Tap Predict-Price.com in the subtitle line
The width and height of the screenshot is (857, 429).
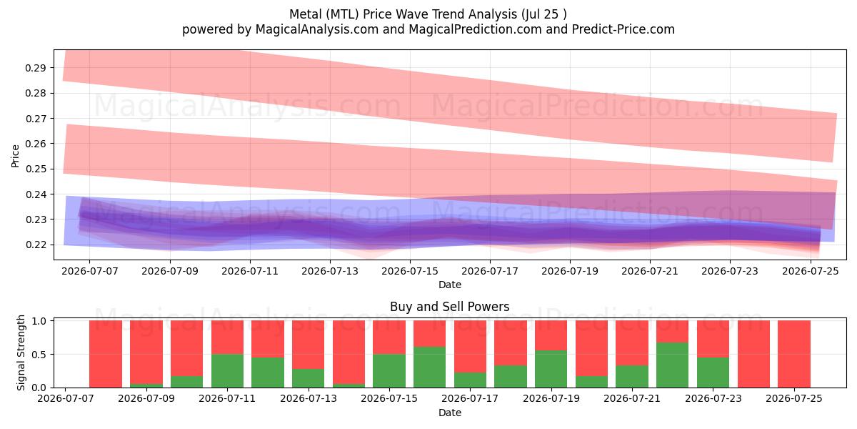(623, 29)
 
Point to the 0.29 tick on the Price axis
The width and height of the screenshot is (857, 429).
(35, 68)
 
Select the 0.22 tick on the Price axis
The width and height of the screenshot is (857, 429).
(35, 245)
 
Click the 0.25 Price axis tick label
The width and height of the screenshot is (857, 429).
(35, 169)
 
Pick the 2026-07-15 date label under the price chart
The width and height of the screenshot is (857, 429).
(410, 271)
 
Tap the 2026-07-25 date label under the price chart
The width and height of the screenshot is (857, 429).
(811, 271)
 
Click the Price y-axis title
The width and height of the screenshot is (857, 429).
(15, 156)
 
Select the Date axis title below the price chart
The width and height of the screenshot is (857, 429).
(450, 285)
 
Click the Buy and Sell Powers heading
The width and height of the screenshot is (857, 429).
(450, 307)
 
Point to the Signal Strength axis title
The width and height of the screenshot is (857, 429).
(21, 352)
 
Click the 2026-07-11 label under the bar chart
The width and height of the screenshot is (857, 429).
(227, 399)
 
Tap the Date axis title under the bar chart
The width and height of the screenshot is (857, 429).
(450, 413)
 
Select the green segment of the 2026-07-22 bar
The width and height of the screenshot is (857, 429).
(673, 365)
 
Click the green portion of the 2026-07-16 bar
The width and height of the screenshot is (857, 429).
(430, 368)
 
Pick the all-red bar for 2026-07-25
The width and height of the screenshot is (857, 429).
(794, 354)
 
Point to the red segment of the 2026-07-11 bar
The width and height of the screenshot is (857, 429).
(227, 337)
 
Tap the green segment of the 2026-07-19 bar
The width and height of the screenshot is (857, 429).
(551, 369)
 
